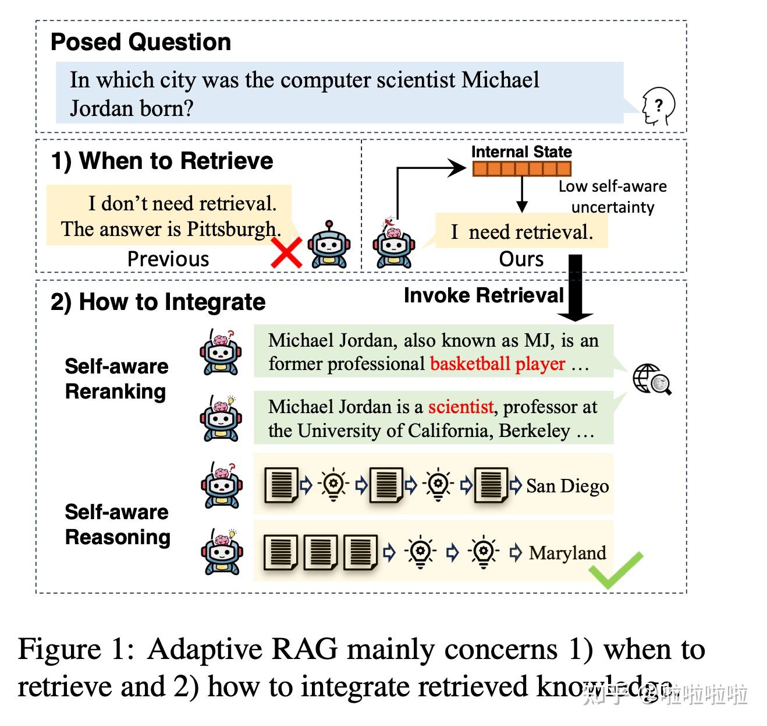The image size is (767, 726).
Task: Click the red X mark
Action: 286,252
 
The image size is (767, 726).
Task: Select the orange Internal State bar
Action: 521,169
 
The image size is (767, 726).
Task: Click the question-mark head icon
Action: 658,106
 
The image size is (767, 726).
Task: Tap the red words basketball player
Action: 498,364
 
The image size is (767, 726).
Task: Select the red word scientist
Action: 461,407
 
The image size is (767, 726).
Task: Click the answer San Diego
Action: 567,486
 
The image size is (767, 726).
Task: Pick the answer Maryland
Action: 567,553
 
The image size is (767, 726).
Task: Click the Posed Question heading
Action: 141,42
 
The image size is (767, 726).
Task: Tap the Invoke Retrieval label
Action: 484,295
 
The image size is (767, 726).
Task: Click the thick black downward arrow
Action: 575,288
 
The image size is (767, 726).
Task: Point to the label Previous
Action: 168,259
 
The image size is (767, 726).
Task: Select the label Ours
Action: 521,259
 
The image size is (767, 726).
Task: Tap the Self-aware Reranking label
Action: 116,379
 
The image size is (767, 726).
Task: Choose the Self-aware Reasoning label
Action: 118,524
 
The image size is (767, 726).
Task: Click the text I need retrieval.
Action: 522,232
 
